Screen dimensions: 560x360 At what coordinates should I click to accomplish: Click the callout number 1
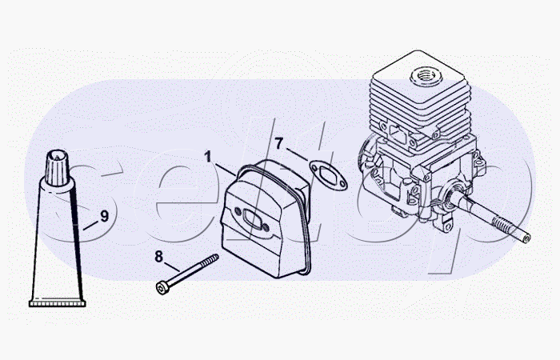(x=208, y=157)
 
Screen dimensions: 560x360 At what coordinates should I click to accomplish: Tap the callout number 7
(x=279, y=143)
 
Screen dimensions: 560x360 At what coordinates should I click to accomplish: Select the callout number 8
(x=158, y=257)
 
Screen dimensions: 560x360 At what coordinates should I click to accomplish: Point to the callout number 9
(x=104, y=216)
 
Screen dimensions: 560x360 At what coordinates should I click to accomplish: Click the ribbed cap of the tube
(x=57, y=167)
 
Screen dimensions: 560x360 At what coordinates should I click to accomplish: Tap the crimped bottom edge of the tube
(x=57, y=303)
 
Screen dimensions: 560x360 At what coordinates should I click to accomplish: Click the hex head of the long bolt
(x=162, y=288)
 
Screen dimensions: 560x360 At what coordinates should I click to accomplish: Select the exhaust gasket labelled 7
(x=328, y=175)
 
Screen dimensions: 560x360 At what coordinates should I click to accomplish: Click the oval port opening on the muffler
(x=252, y=219)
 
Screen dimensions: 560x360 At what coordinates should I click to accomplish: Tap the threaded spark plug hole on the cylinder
(x=426, y=77)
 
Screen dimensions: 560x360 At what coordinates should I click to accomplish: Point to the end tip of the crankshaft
(x=526, y=238)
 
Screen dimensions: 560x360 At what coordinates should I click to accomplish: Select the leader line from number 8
(x=172, y=266)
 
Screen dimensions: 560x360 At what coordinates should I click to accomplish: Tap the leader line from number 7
(x=297, y=154)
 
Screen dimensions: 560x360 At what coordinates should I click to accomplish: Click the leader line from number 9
(x=90, y=226)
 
